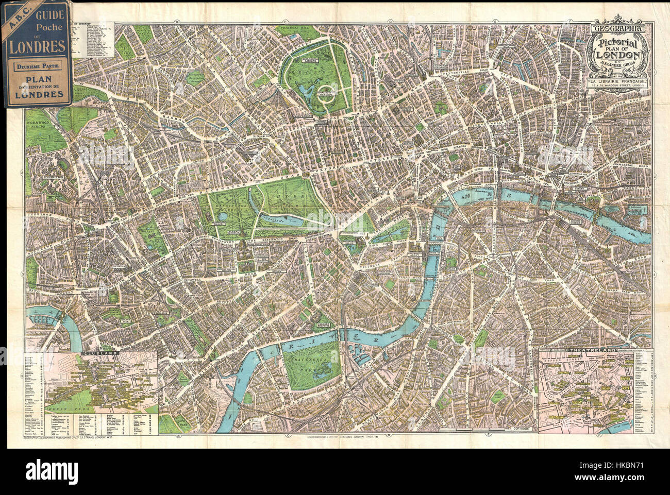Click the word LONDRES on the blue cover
click(36, 45)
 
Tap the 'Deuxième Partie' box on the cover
click(36, 66)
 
